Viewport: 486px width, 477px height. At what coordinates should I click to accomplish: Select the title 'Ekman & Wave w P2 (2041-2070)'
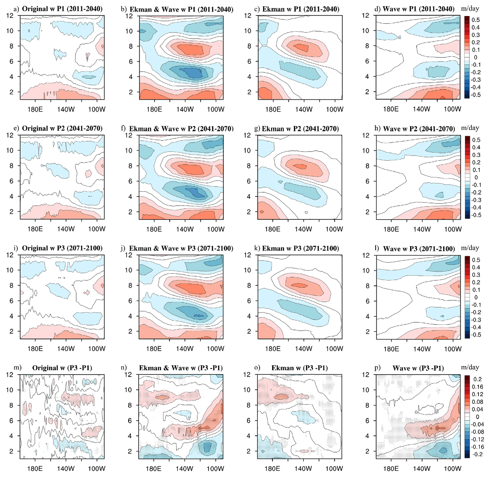point(181,129)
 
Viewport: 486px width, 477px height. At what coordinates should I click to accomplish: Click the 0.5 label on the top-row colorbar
point(477,20)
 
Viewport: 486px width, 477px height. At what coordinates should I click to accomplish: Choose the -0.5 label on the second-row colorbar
point(476,215)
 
